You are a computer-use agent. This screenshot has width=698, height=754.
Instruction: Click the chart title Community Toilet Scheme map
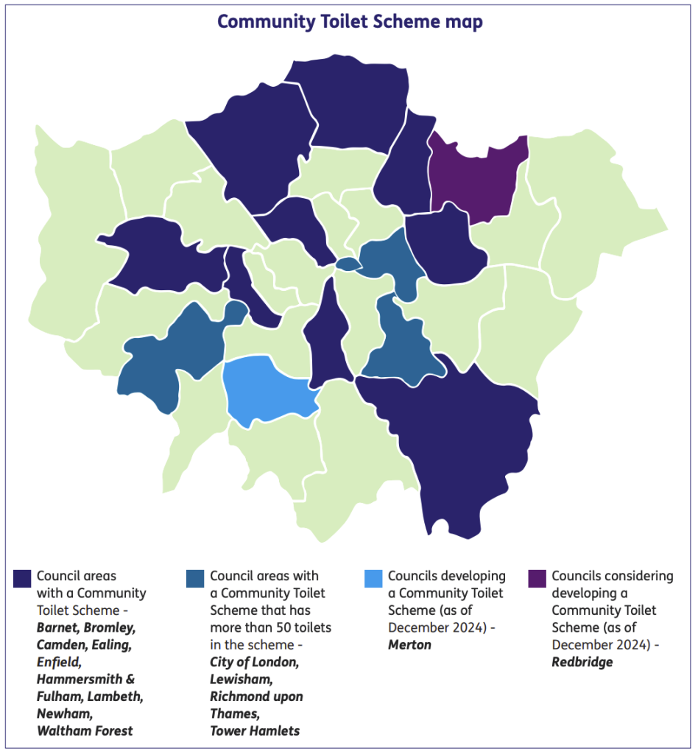(x=350, y=22)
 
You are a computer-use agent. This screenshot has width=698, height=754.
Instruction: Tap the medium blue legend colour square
(x=196, y=578)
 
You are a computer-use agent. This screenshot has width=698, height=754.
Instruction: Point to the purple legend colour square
(x=538, y=578)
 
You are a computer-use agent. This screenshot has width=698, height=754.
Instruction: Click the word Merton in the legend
(x=409, y=645)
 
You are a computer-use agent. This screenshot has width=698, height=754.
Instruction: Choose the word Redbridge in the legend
(x=582, y=662)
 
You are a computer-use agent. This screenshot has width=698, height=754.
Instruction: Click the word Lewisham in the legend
(x=240, y=679)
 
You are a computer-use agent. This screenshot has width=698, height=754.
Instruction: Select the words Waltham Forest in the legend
(x=85, y=730)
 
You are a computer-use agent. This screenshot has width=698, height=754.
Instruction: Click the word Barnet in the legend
(x=57, y=628)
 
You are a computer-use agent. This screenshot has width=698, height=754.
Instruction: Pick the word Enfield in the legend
(x=58, y=662)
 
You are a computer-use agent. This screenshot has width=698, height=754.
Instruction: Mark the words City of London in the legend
(x=254, y=662)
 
